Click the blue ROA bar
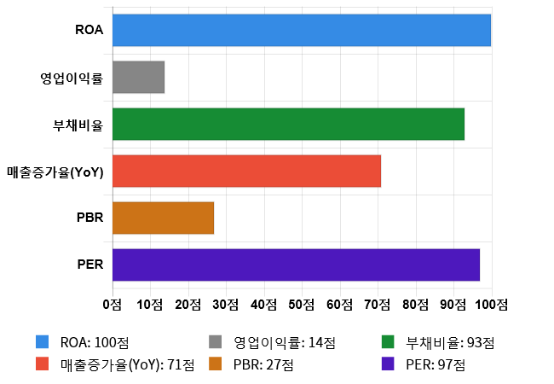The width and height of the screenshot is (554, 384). pyautogui.click(x=302, y=30)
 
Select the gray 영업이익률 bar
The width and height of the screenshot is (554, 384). pyautogui.click(x=138, y=78)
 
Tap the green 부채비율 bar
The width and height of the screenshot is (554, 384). pyautogui.click(x=288, y=124)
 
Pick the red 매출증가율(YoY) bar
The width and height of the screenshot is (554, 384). pyautogui.click(x=246, y=171)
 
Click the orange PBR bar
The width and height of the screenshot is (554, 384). pyautogui.click(x=163, y=218)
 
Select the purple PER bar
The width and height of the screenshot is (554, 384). pyautogui.click(x=296, y=265)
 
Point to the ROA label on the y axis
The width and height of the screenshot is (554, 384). pyautogui.click(x=89, y=31)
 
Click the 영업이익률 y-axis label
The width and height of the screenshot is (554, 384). pyautogui.click(x=72, y=79)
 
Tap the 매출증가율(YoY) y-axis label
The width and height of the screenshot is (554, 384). pyautogui.click(x=55, y=172)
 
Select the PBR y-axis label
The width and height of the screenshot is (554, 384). pyautogui.click(x=89, y=218)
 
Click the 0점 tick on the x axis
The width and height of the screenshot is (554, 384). pyautogui.click(x=112, y=304)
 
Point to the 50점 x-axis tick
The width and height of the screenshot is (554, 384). pyautogui.click(x=302, y=304)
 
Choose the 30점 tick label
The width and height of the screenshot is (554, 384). pyautogui.click(x=226, y=304)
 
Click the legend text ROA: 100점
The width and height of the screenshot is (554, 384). pyautogui.click(x=95, y=343)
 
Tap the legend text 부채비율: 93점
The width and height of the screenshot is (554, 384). pyautogui.click(x=451, y=343)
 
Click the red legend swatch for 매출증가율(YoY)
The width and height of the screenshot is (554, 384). pyautogui.click(x=42, y=364)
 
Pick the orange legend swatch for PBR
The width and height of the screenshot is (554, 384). pyautogui.click(x=216, y=364)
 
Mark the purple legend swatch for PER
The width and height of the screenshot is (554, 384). pyautogui.click(x=388, y=364)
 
